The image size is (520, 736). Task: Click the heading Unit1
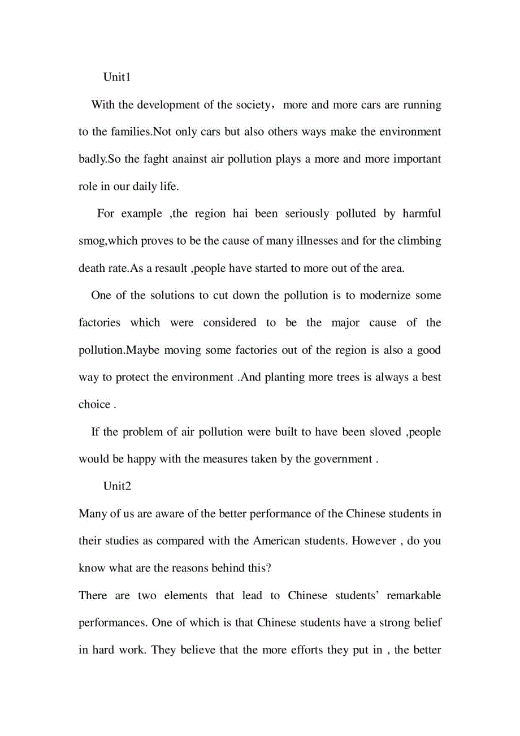(117, 77)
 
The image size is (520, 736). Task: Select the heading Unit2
(117, 486)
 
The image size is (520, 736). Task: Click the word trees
(343, 378)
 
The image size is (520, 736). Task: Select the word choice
(94, 405)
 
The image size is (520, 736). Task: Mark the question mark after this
(269, 568)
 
